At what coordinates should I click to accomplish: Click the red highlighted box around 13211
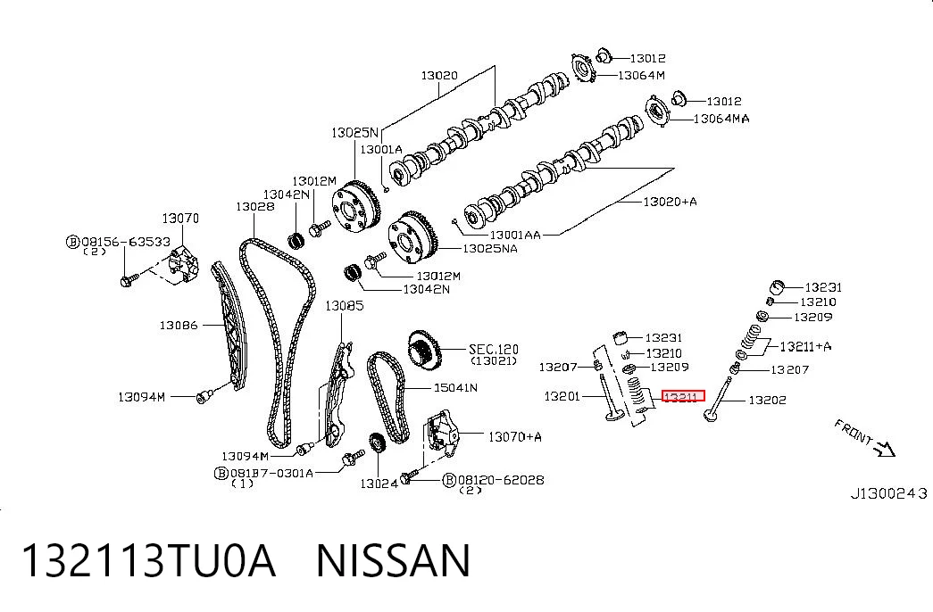point(683,396)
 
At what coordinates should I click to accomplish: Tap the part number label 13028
point(255,206)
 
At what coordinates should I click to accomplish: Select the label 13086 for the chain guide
point(179,326)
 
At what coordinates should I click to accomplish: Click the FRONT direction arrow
point(885,448)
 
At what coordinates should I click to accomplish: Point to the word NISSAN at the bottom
point(394,560)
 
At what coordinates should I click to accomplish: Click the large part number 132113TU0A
point(148,560)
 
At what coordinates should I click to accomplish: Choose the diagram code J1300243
point(889,493)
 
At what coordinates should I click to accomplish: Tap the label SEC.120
point(493,349)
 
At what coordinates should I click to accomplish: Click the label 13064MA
point(721,119)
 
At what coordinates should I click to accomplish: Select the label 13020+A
point(670,202)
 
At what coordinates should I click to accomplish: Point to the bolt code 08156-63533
point(126,242)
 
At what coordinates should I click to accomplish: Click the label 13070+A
point(514,437)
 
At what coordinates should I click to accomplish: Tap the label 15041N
point(455,388)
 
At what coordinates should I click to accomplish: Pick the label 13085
point(344,306)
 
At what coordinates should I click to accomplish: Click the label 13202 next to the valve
point(767,401)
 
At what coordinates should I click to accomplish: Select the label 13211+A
point(805,346)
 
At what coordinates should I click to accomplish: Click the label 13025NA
point(490,249)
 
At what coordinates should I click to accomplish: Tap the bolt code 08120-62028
point(501,480)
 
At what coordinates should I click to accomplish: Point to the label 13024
point(379,484)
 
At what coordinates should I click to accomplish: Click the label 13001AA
point(515,235)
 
